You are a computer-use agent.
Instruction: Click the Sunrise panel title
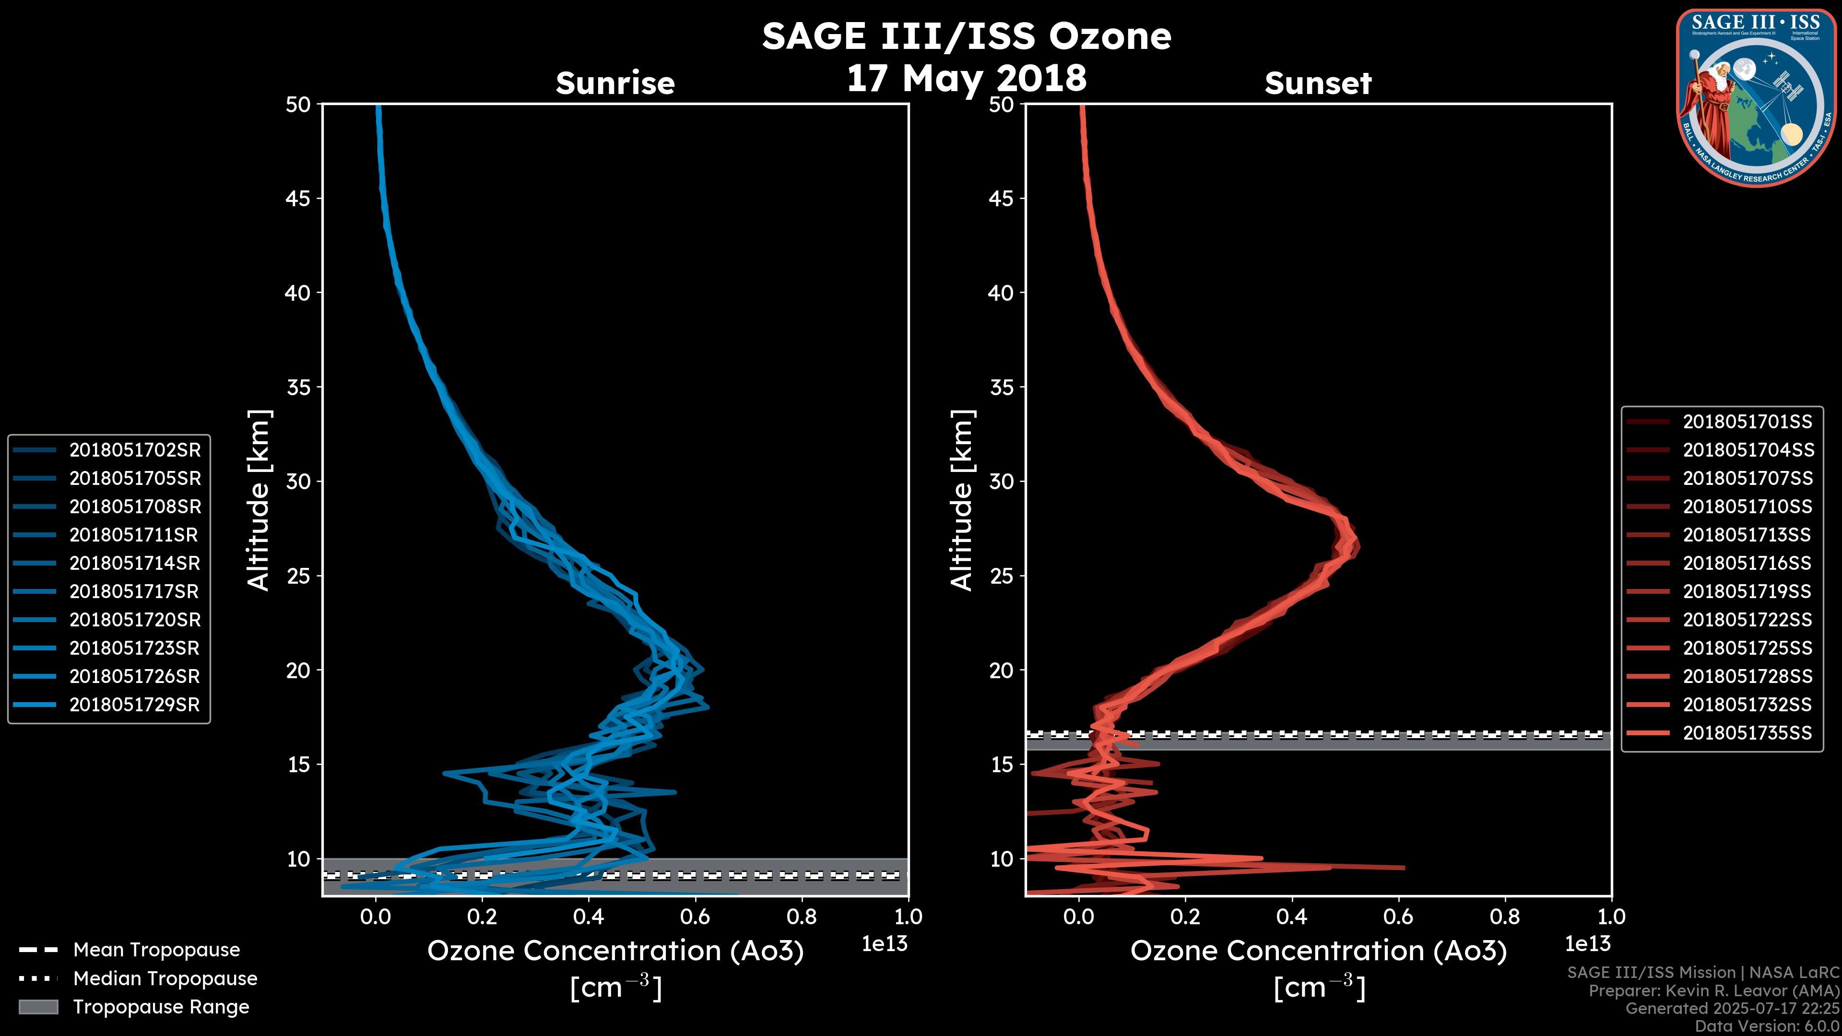[x=615, y=83]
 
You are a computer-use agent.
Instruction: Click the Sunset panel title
[x=1318, y=83]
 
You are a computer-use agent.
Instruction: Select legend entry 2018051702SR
[x=134, y=450]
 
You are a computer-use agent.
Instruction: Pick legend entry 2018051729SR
[x=134, y=704]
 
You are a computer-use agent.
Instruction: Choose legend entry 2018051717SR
[x=134, y=591]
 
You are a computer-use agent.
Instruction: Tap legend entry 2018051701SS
[x=1747, y=422]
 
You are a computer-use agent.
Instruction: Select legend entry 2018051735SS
[x=1747, y=733]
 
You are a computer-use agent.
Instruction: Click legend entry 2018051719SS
[x=1747, y=591]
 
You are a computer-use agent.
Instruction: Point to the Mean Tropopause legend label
[x=156, y=950]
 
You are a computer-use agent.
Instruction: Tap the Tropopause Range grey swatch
[x=38, y=1007]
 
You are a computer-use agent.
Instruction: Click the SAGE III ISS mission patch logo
[x=1756, y=97]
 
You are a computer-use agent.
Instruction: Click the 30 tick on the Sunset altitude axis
[x=1002, y=481]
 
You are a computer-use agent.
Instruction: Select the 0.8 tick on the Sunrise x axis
[x=802, y=917]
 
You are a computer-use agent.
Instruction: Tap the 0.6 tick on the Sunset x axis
[x=1399, y=917]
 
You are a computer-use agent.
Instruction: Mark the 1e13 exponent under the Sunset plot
[x=1587, y=944]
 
